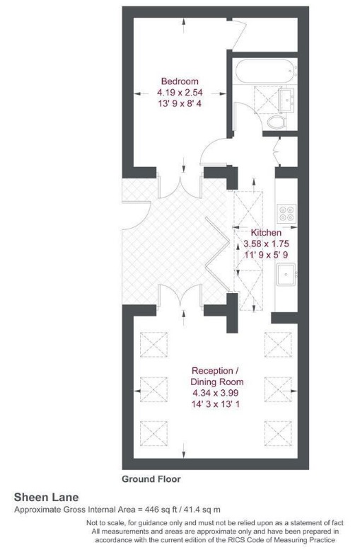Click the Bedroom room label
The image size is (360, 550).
[x=179, y=81]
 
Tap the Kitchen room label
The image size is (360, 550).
[x=266, y=233]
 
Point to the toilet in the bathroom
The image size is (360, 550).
[x=277, y=122]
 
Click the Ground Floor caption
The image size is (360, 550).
[x=151, y=479]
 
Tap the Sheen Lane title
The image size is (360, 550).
[x=47, y=498]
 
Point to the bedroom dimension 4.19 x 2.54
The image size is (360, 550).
[x=179, y=93]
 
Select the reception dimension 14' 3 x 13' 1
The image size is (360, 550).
[x=217, y=404]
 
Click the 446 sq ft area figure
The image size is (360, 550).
[x=146, y=510]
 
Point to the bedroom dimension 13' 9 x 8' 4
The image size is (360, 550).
[x=179, y=104]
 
